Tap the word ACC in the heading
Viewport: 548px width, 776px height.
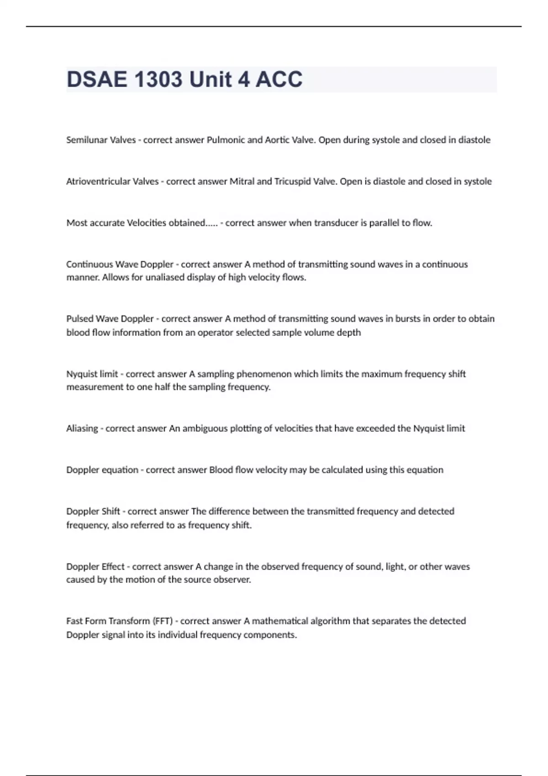click(279, 79)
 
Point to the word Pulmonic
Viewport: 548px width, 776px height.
click(226, 140)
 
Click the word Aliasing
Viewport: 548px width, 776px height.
click(82, 429)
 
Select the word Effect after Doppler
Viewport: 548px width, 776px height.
click(113, 567)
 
